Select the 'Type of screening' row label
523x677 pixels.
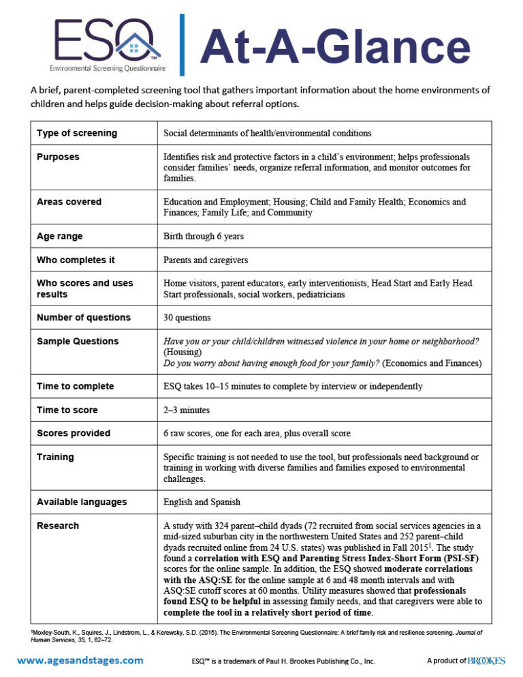pyautogui.click(x=77, y=133)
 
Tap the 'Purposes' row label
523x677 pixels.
pyautogui.click(x=58, y=157)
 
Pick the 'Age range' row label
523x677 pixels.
pyautogui.click(x=60, y=237)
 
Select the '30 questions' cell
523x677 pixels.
pyautogui.click(x=187, y=318)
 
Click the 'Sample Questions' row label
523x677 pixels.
pyautogui.click(x=78, y=341)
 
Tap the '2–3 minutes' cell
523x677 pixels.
pyautogui.click(x=187, y=410)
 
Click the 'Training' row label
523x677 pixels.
pyautogui.click(x=55, y=457)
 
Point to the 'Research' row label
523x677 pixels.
pyautogui.click(x=58, y=526)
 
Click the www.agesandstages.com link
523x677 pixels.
pyautogui.click(x=80, y=660)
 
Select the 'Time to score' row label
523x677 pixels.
pyautogui.click(x=67, y=410)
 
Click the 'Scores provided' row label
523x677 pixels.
pyautogui.click(x=74, y=434)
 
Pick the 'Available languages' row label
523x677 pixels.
pyautogui.click(x=82, y=502)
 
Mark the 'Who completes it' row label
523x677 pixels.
pyautogui.click(x=76, y=260)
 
